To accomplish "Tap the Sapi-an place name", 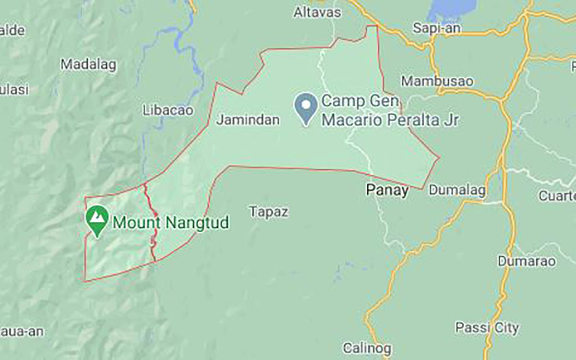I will (437, 28).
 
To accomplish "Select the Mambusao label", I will (437, 81).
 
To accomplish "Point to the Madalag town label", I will (89, 65).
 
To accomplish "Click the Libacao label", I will (168, 110).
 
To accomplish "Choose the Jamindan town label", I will (248, 120).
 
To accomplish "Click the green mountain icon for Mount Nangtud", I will (97, 219).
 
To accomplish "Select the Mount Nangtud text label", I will (170, 223).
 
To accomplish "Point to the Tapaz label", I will (269, 212).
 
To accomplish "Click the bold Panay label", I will (387, 191).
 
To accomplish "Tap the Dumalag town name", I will (456, 190).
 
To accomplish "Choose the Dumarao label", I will (527, 261).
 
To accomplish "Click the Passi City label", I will (487, 328).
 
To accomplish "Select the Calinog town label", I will (367, 348).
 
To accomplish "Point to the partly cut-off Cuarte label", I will (557, 195).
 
